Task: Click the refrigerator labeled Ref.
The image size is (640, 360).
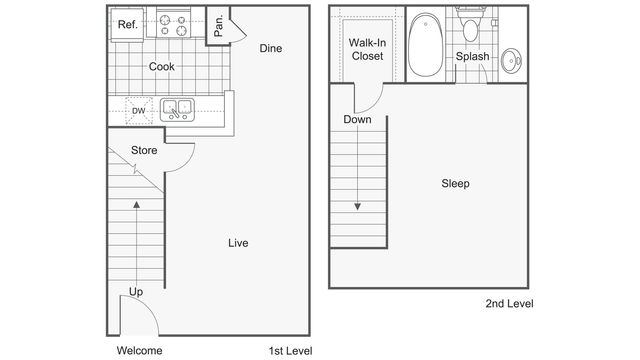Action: (x=127, y=24)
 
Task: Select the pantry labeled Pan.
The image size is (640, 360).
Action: (x=219, y=24)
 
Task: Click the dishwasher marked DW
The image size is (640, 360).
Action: (x=139, y=110)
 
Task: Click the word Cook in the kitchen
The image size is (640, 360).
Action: (x=163, y=67)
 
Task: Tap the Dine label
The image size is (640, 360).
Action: (x=270, y=48)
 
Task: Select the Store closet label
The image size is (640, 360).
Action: (x=145, y=151)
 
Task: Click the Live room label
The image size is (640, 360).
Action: (x=237, y=243)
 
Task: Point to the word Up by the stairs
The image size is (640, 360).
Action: (x=135, y=292)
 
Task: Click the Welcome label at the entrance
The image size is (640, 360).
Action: (x=140, y=350)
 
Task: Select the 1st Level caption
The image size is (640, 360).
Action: (x=290, y=350)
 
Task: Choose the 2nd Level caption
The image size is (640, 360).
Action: (x=508, y=302)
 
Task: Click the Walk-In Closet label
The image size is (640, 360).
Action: (x=367, y=49)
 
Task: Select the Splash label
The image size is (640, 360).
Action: (x=472, y=57)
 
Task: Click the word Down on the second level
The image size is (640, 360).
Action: (x=357, y=120)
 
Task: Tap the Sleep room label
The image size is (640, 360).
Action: (x=455, y=184)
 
